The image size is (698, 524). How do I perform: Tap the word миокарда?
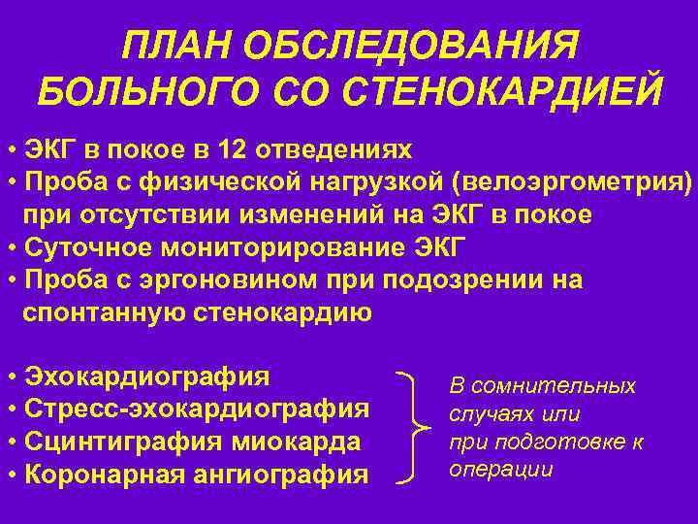click(x=301, y=442)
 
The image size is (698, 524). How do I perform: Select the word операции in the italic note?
click(x=501, y=470)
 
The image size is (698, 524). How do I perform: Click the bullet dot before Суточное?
click(x=11, y=246)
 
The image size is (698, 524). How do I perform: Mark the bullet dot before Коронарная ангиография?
click(x=11, y=475)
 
